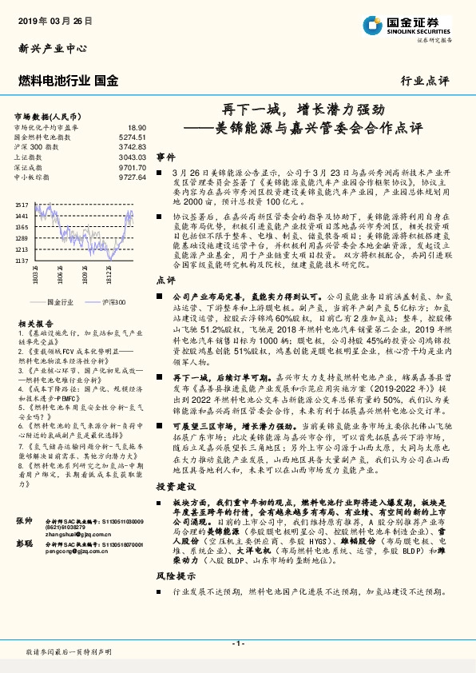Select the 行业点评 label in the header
424,81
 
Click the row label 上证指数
27,157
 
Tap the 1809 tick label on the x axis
84,277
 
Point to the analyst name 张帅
24,520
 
